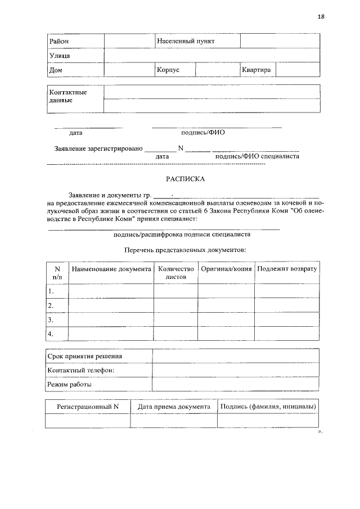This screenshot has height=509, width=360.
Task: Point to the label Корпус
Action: (168, 70)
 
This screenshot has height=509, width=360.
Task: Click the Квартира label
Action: (256, 70)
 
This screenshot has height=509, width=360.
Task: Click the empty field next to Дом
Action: (129, 70)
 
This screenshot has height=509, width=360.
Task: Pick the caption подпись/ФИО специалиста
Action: (257, 156)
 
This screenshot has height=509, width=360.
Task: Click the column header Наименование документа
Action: (111, 269)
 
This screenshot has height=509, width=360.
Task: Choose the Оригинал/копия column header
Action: (226, 269)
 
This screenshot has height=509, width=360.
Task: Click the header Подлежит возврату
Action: (287, 269)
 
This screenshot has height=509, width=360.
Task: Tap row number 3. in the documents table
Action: (51, 319)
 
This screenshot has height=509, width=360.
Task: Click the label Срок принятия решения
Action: (85, 357)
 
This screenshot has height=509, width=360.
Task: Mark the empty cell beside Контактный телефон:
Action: (236, 370)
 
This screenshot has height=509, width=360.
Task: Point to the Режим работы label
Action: (70, 385)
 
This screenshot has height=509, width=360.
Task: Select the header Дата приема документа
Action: (174, 407)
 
